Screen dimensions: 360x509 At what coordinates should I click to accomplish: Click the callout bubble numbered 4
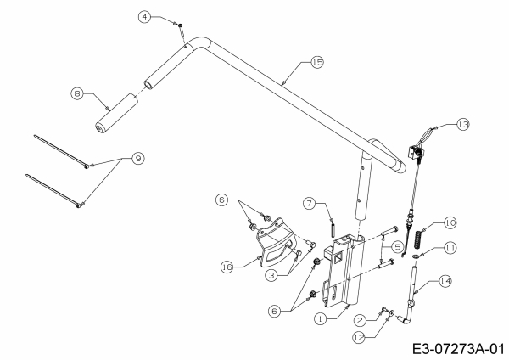pyautogui.click(x=145, y=16)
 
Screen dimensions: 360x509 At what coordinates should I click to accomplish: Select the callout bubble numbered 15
pyautogui.click(x=317, y=62)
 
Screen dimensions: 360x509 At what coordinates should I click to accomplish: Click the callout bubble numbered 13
pyautogui.click(x=461, y=123)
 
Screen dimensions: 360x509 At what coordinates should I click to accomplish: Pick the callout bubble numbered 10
pyautogui.click(x=449, y=222)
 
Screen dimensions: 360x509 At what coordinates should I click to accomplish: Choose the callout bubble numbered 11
pyautogui.click(x=449, y=247)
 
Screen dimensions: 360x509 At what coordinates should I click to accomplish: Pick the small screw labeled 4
pyautogui.click(x=181, y=28)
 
